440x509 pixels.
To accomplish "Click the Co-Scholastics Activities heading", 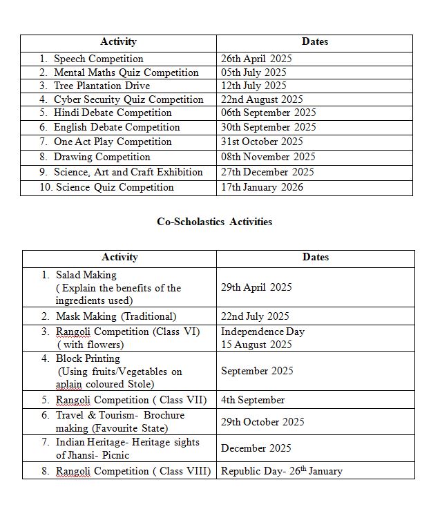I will coord(214,222).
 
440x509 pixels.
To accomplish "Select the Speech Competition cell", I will coord(98,59).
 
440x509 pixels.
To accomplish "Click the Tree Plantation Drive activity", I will coord(102,86).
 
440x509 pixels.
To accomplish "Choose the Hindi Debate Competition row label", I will coord(113,113).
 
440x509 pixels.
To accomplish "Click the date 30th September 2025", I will coord(268,127).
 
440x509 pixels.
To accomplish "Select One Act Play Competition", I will coord(113,142).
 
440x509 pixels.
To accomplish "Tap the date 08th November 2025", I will coord(268,157).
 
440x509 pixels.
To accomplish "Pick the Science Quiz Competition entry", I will coord(115,187).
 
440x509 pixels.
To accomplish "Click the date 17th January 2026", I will coord(262,187).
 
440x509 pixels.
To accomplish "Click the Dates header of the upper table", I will coord(314,41).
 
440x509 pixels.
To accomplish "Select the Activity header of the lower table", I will coord(119,257).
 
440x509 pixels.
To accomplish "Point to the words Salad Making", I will coord(86,275).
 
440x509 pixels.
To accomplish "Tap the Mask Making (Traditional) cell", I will coord(116,316).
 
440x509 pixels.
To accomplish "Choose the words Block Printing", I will coord(88,358).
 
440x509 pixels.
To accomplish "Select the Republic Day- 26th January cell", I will coord(281,471).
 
